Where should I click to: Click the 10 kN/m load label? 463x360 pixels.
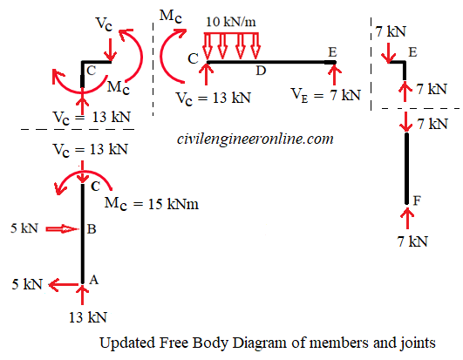(231, 21)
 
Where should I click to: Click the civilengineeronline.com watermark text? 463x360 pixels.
(255, 139)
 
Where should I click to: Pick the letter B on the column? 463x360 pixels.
(90, 230)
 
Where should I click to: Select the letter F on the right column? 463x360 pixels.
(417, 201)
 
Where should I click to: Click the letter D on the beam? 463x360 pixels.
(259, 69)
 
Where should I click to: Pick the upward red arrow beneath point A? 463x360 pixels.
(83, 295)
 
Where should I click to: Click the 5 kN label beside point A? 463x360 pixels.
(27, 284)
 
